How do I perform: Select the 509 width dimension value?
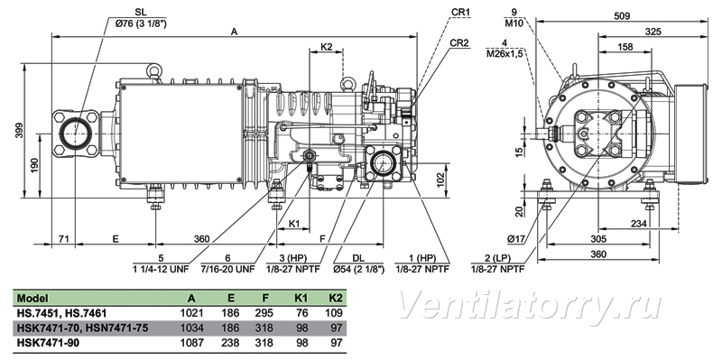point(622,15)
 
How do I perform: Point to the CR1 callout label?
point(460,13)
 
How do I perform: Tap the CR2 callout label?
point(459,42)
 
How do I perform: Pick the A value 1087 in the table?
point(191,343)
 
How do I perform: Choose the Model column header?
point(32,299)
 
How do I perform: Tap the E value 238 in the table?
point(230,343)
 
